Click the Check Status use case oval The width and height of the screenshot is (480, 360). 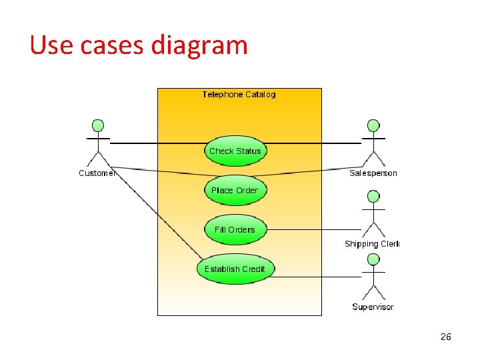(x=235, y=151)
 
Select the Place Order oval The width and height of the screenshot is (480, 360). (x=235, y=191)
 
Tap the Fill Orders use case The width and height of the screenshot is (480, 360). (x=235, y=230)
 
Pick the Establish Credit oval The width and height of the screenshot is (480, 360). (x=235, y=269)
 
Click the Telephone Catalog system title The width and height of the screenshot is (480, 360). (x=239, y=95)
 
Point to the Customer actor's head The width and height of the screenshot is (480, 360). (x=98, y=125)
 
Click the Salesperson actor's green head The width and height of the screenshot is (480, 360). (x=373, y=125)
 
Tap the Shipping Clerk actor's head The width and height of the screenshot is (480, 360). (x=373, y=197)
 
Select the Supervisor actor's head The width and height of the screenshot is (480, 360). (x=373, y=259)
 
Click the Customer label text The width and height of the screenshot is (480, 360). (x=97, y=173)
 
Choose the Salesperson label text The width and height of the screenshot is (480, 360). (x=373, y=173)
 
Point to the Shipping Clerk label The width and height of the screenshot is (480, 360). (x=372, y=244)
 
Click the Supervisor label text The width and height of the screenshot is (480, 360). (x=373, y=307)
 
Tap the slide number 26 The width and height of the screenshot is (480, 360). (x=446, y=337)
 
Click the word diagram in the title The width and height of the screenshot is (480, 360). (x=199, y=45)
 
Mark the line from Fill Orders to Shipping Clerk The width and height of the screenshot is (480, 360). (x=307, y=229)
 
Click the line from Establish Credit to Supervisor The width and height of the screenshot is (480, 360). (x=313, y=277)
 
